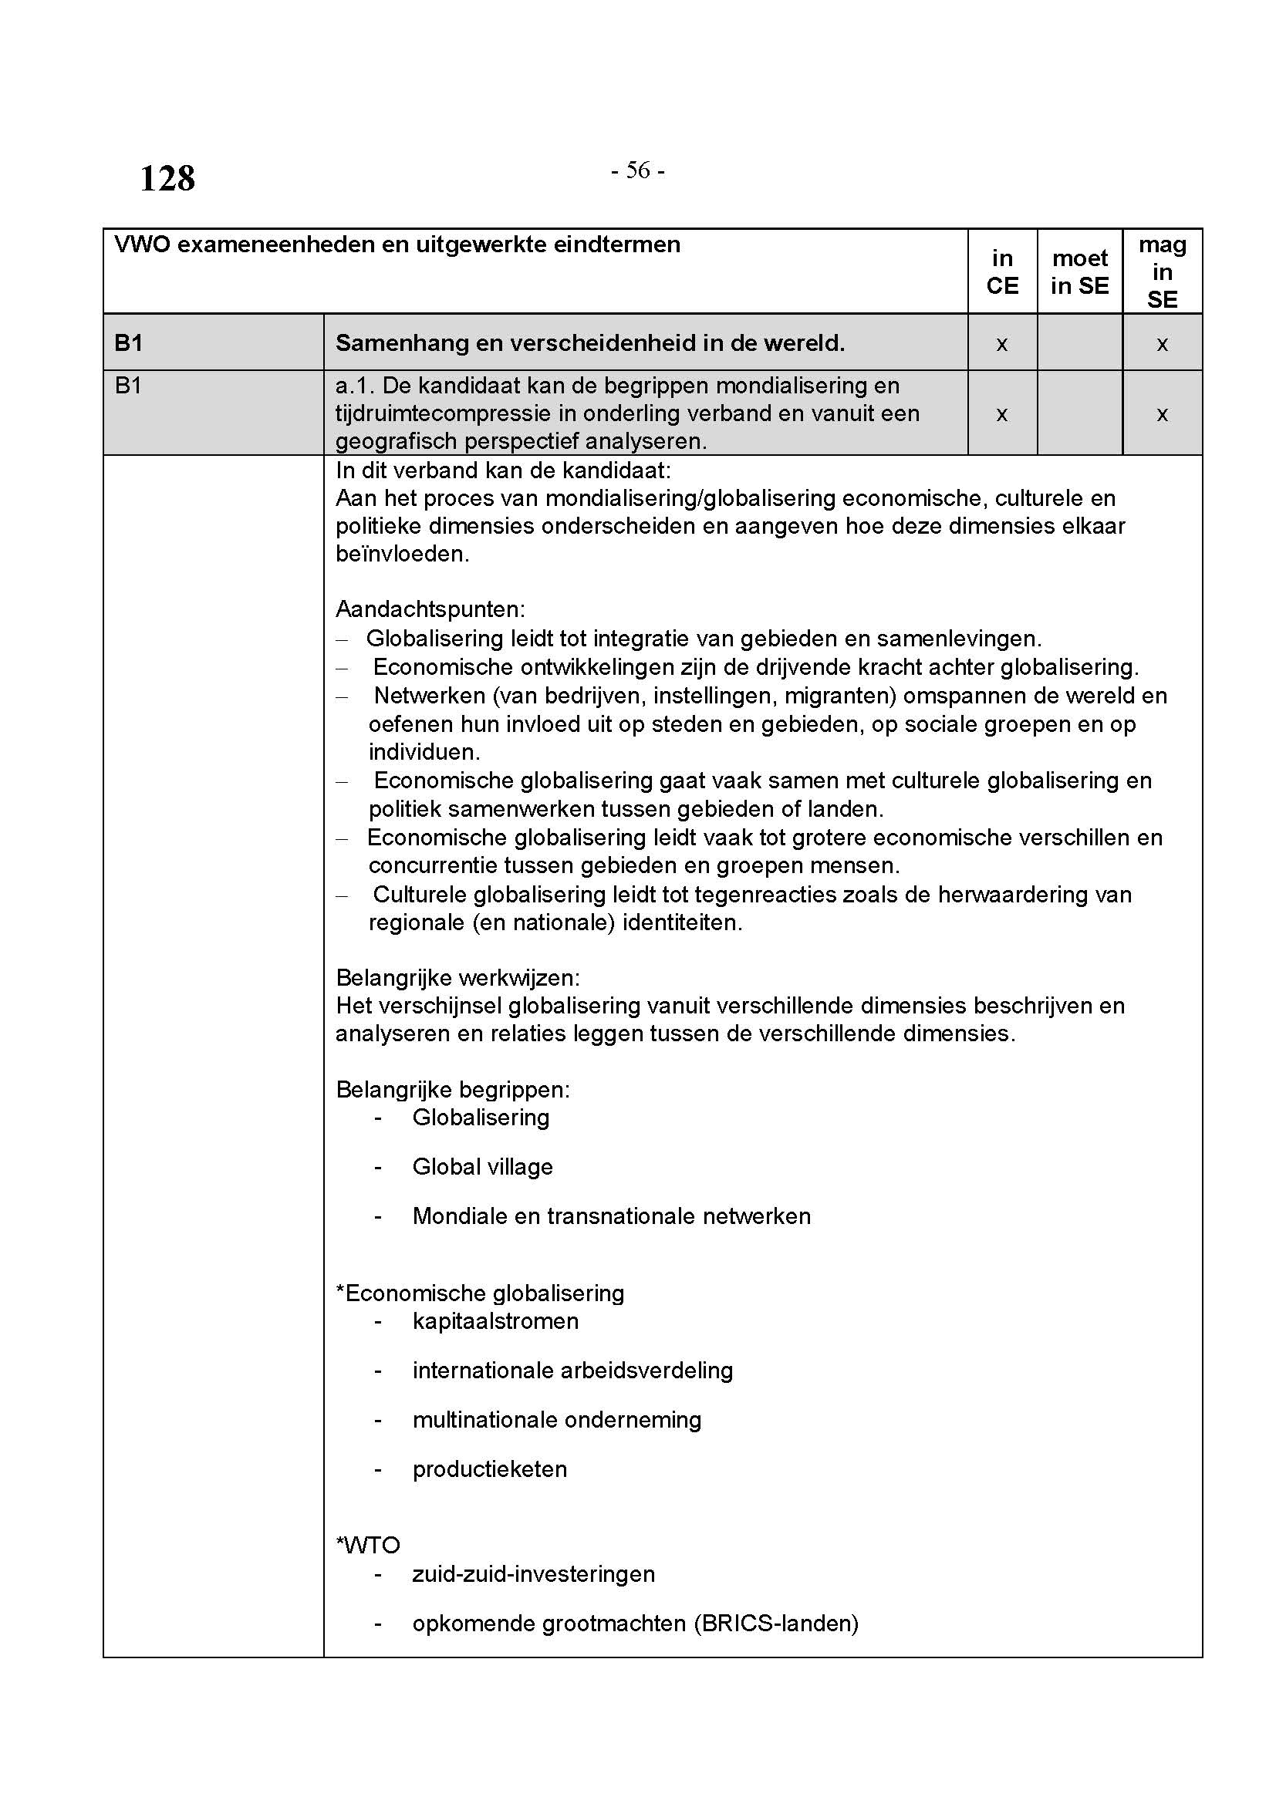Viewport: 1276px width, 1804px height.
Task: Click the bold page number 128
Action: [x=167, y=179]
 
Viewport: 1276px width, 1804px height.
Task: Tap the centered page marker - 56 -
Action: [x=638, y=170]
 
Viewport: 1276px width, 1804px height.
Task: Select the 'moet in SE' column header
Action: [x=1079, y=271]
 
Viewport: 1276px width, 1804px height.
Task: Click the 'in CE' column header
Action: [x=1002, y=271]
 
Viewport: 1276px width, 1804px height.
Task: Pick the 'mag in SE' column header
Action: [x=1162, y=271]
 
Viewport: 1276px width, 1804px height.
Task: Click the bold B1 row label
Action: [x=129, y=343]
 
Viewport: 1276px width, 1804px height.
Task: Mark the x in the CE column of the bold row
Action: [x=1002, y=344]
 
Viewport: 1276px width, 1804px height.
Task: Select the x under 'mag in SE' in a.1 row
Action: [x=1162, y=414]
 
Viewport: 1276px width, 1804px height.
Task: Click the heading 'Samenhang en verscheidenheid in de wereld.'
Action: [x=590, y=343]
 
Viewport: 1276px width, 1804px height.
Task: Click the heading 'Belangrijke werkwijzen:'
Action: [x=458, y=978]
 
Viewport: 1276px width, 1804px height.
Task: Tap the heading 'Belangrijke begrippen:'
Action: [x=454, y=1090]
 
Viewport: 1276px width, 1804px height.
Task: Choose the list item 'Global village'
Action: [x=482, y=1167]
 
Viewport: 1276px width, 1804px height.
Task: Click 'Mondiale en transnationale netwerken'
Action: [x=611, y=1216]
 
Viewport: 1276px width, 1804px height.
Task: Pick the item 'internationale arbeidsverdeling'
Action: [x=572, y=1371]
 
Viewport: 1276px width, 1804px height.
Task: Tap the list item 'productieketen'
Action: [x=490, y=1469]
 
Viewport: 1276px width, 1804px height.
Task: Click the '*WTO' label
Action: [x=369, y=1546]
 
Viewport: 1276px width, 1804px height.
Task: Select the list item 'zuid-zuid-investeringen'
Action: [x=534, y=1575]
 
